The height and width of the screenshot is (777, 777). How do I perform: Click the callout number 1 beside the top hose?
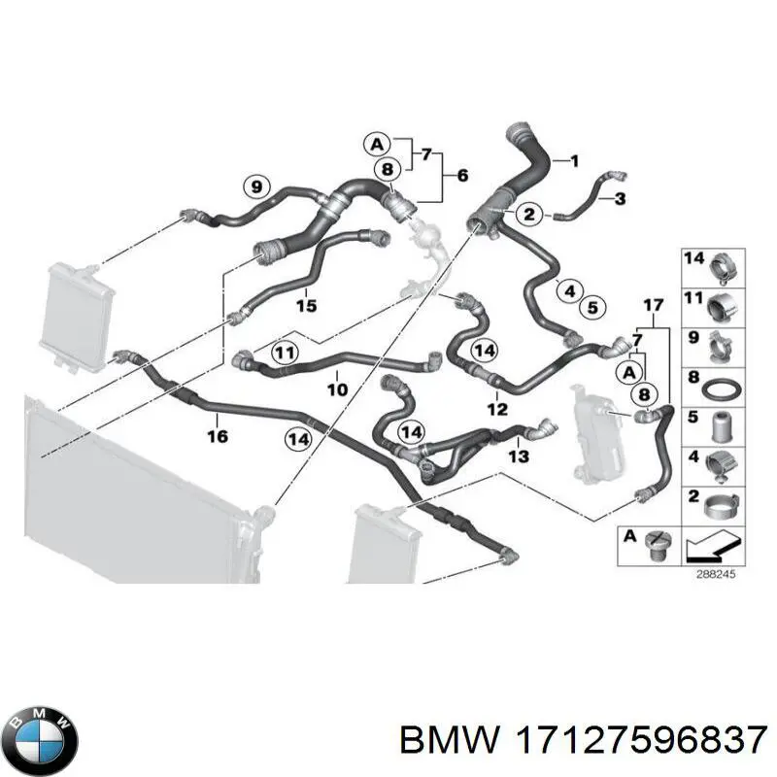tap(574, 161)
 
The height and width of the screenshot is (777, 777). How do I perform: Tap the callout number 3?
tap(620, 199)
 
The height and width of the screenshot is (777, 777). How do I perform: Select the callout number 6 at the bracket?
tap(462, 176)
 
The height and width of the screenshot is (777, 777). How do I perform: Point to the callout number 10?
tap(337, 389)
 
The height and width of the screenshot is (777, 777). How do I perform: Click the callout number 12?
tap(497, 409)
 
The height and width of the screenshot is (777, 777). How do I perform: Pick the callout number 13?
tap(519, 456)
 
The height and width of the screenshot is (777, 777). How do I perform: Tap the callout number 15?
tap(306, 305)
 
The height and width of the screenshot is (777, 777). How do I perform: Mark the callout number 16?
tap(218, 436)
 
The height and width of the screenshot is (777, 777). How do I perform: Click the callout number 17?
tap(653, 305)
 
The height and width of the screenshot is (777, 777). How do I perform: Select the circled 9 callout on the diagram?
tap(256, 187)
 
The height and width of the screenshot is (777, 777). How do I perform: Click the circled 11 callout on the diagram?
tap(285, 354)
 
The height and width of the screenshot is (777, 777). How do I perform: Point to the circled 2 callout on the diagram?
tap(529, 214)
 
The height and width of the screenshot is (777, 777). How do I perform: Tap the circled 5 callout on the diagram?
tap(592, 308)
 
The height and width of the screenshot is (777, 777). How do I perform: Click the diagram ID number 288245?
tap(716, 575)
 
